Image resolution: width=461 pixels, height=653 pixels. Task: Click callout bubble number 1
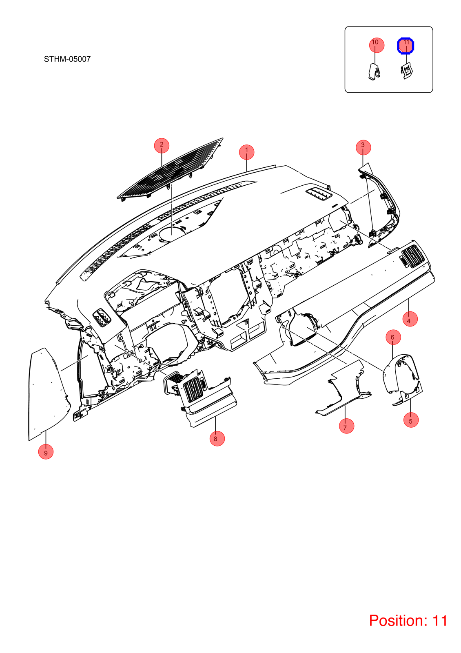click(x=246, y=152)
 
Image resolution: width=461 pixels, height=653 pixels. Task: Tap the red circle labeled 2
click(x=162, y=145)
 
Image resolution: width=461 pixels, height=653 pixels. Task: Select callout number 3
click(x=363, y=147)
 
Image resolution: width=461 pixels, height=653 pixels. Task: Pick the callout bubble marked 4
click(x=410, y=319)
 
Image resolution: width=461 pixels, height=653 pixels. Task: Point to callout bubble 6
click(x=393, y=337)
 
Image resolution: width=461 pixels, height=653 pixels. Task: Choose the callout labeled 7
click(x=346, y=426)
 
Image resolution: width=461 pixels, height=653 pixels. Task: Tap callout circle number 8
click(x=217, y=438)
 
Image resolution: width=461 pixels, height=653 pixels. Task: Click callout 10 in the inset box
click(x=377, y=45)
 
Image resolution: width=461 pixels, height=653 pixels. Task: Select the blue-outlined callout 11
click(x=406, y=46)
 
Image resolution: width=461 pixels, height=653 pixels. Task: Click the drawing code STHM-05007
click(x=67, y=59)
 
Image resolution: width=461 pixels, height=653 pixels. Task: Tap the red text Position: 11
click(x=408, y=620)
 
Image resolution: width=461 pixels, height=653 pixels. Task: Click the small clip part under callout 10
click(x=375, y=72)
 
